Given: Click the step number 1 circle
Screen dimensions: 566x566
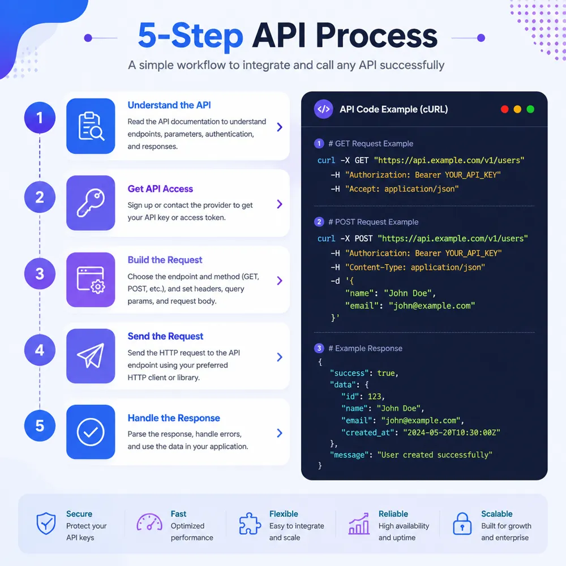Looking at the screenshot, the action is coord(40,118).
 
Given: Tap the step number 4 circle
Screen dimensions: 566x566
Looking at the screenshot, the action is coord(40,350).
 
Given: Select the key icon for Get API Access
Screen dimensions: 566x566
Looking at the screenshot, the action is coord(91,203).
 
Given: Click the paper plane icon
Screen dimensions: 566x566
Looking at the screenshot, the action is coord(91,355).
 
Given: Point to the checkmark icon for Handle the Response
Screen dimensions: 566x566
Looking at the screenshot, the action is coord(91,432).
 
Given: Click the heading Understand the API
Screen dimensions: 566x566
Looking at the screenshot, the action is coord(169,105).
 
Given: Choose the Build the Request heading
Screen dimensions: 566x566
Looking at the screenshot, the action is coord(165,260).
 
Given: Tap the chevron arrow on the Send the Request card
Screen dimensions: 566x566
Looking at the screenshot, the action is coord(280,357).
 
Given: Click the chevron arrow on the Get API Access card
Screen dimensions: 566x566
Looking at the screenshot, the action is coord(280,204).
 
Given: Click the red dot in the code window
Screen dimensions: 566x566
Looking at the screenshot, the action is coord(505,109).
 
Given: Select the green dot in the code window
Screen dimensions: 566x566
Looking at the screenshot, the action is coord(530,109).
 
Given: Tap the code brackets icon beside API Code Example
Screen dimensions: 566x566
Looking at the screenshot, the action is coord(323,109).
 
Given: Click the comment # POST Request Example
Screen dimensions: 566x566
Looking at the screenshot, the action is coord(373,222).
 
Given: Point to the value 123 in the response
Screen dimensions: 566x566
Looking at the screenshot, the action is coord(374,396).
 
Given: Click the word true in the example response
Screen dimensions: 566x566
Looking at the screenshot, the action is coord(386,373).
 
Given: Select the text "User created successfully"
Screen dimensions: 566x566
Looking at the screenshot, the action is coord(435,455).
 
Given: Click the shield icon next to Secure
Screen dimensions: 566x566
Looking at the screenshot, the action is coord(46,524).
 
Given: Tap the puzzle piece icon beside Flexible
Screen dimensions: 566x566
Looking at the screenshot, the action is coord(250,524).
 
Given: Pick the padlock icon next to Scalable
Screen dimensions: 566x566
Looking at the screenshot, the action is coord(462,524).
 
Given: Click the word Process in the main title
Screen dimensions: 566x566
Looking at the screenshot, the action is coord(376,36).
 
